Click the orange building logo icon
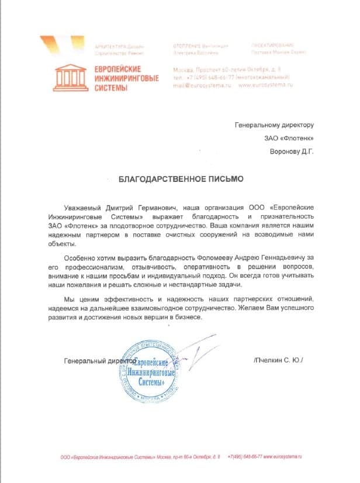coord(68,78)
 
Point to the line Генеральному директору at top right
coord(275,125)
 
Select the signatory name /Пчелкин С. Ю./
coord(279,361)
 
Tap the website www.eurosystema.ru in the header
coord(264,85)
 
